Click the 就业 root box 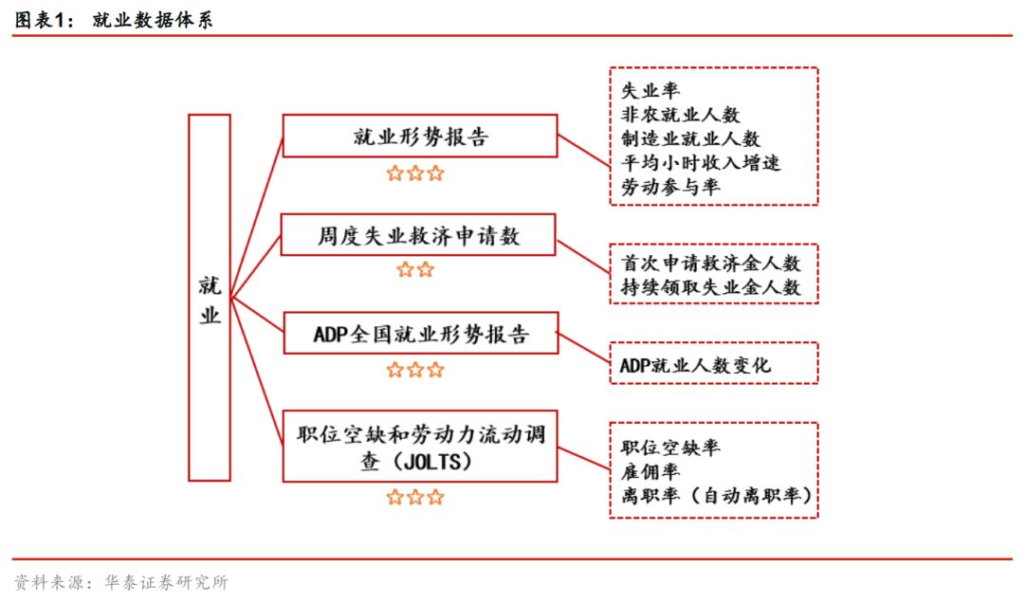210,298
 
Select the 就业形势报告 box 419,137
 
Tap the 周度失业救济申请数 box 418,234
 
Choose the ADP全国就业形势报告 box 419,334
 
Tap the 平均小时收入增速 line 701,163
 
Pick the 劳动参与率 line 669,187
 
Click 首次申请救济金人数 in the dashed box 711,263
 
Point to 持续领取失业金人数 711,286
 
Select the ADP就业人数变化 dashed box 713,364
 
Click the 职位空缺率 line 669,448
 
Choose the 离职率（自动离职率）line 717,495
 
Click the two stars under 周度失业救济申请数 415,270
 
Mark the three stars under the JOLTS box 415,497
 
